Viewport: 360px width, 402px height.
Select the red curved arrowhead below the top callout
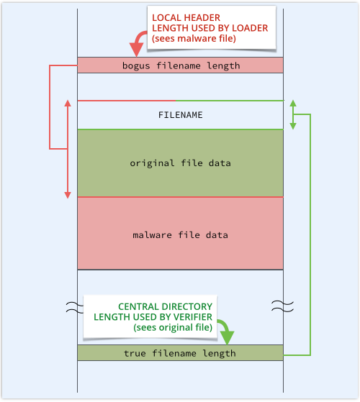click(136, 50)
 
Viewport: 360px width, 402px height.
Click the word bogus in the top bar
click(136, 66)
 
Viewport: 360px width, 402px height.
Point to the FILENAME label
click(181, 115)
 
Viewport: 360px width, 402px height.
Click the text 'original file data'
click(180, 163)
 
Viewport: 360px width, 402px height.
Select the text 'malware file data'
click(180, 235)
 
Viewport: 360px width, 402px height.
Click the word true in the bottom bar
click(135, 354)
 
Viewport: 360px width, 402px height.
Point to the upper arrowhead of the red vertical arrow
click(68, 104)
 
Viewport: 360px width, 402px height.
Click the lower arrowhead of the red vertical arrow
click(68, 195)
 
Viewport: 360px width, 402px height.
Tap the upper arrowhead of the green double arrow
click(293, 104)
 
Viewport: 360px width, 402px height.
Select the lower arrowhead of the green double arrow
click(293, 126)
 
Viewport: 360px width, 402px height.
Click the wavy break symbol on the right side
click(282, 306)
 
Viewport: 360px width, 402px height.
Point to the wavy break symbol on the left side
click(75, 307)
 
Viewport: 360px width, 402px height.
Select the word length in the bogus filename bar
click(223, 66)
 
